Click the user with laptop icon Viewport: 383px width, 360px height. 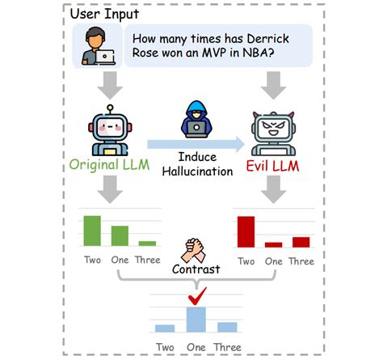99,46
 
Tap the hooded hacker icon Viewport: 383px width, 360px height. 196,119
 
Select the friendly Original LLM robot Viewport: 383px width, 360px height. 110,131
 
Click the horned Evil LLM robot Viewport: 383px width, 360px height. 273,133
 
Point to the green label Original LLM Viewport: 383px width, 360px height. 109,165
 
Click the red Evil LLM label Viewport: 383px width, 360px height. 272,166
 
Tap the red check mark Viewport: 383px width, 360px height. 197,296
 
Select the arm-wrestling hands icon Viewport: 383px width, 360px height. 193,251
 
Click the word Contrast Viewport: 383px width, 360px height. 196,269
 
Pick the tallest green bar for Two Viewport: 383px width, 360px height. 92,231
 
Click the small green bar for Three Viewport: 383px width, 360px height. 147,244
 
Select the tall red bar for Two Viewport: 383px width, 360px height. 246,232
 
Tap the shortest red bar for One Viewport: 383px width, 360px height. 273,245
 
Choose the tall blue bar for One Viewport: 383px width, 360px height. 196,320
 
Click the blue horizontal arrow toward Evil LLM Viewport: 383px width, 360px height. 196,144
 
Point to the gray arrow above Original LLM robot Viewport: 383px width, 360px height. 110,85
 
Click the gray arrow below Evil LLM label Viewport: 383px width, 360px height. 273,189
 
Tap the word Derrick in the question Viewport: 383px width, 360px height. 268,39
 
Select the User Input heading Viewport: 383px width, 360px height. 104,14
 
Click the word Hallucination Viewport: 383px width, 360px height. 197,172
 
